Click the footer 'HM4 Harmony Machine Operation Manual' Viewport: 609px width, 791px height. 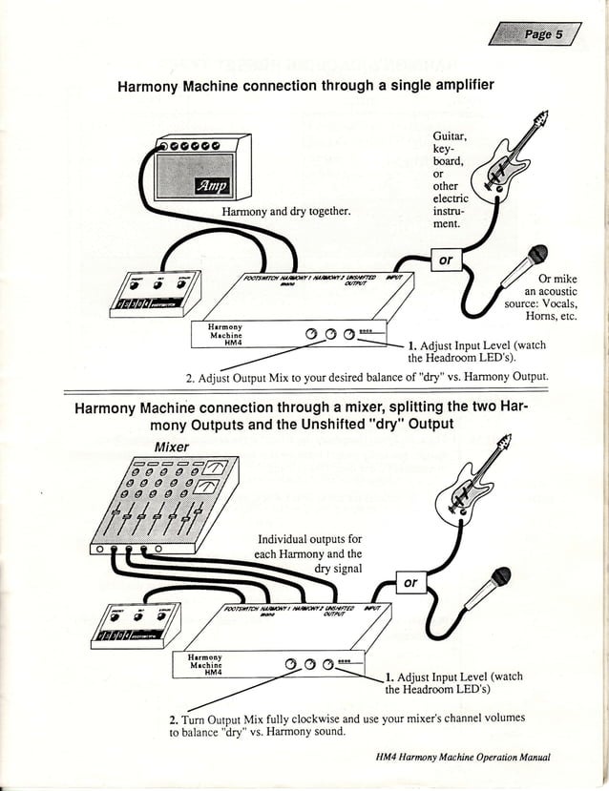463,758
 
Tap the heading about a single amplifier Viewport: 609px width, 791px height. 304,86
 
